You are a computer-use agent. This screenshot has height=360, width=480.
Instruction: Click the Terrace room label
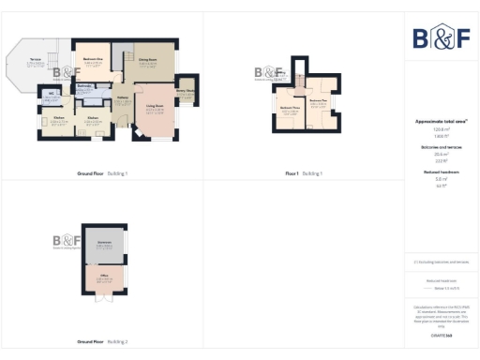tap(35, 61)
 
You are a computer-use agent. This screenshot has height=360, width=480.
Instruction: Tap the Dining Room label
tap(148, 61)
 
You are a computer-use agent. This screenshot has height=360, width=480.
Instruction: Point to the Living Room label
tap(156, 108)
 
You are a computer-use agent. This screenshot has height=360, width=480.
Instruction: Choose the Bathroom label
tap(84, 86)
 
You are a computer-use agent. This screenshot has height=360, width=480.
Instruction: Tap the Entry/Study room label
tap(185, 91)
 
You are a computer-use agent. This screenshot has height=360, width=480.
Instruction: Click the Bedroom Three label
tap(290, 108)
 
